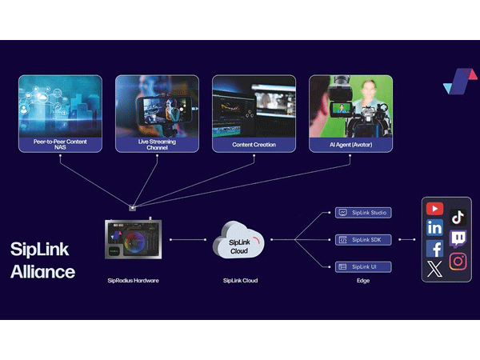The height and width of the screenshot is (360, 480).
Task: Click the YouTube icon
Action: point(434,209)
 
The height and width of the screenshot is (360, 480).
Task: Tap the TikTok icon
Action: point(458,217)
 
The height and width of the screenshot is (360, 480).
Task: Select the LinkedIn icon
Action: point(434,228)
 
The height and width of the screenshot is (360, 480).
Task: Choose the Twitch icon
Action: point(458,238)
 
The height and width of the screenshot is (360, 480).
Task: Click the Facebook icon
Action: point(434,249)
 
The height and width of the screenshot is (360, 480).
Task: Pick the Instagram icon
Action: point(458,261)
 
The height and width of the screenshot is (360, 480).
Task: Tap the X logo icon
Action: point(434,269)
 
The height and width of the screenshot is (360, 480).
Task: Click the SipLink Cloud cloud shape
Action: point(238,239)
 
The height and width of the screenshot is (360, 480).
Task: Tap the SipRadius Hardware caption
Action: point(134,281)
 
